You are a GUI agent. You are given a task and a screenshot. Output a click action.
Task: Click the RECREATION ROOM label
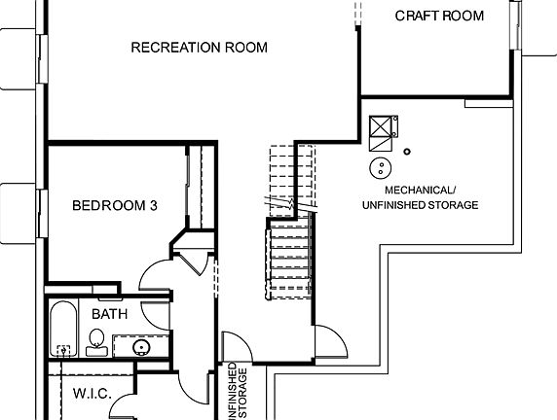click(199, 48)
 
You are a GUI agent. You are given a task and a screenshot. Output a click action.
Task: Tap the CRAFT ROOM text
click(439, 16)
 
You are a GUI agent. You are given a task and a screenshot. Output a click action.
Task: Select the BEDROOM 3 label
click(116, 205)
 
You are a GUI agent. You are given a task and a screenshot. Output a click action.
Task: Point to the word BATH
click(109, 314)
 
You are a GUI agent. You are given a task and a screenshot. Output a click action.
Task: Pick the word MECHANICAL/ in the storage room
click(419, 190)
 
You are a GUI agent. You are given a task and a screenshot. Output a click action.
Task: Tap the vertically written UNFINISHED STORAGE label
click(239, 391)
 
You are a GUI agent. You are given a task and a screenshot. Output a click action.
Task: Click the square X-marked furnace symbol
click(381, 128)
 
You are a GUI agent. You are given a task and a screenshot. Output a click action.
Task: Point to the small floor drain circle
click(407, 151)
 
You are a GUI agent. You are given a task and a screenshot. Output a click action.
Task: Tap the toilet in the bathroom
click(96, 339)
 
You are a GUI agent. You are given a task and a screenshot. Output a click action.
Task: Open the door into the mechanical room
click(329, 342)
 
